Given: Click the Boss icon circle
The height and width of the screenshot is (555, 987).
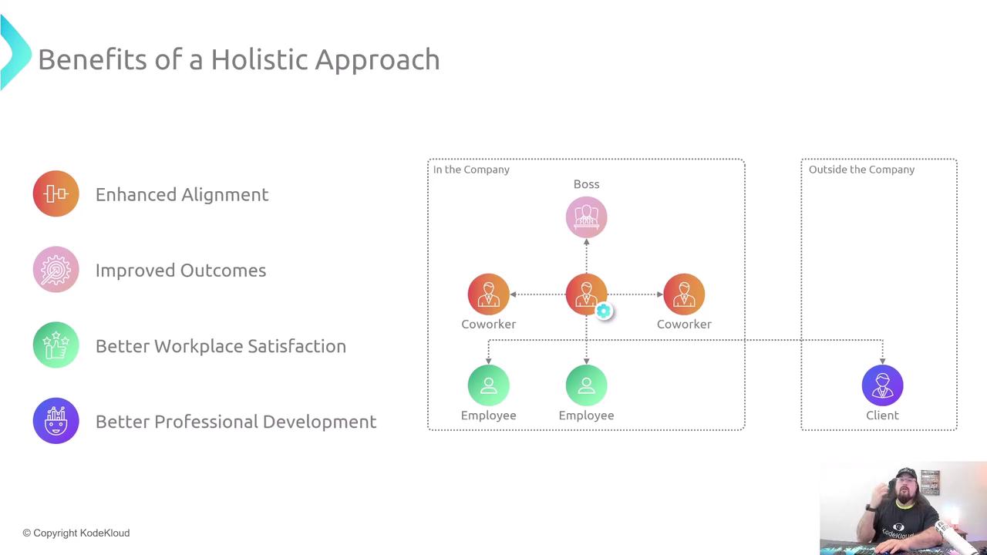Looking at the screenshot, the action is tap(586, 217).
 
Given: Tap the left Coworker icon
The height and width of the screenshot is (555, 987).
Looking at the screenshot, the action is tap(488, 294).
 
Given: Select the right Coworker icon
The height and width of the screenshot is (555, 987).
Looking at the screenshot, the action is tap(684, 294).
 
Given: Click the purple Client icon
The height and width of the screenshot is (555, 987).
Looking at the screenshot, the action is tap(882, 385).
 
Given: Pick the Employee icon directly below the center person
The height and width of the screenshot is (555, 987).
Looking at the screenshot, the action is tap(586, 385).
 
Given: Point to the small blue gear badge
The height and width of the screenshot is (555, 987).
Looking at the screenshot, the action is tap(603, 311).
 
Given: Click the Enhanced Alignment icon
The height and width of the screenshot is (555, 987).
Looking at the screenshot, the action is tap(56, 193).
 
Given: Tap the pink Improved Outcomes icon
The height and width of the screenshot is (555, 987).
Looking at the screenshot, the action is tap(56, 270).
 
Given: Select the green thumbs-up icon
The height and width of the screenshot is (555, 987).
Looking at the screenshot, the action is tap(56, 345).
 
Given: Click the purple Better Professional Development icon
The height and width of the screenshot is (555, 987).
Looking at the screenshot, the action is tap(56, 421).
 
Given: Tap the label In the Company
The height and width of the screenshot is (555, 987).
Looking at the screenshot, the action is tap(471, 170).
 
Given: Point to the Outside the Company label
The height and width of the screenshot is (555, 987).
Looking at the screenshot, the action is tap(861, 170).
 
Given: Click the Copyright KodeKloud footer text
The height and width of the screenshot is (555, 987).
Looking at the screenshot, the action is tap(76, 533).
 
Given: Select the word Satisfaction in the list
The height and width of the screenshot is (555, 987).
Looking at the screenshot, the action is tap(297, 346).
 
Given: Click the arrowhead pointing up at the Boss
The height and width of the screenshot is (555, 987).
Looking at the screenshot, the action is tap(587, 242).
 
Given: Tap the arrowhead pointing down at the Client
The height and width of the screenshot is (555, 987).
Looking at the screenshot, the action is tap(883, 362).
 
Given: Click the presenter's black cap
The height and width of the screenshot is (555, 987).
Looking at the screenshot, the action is tap(907, 474).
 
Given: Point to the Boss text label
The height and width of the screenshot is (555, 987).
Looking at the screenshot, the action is tap(586, 184).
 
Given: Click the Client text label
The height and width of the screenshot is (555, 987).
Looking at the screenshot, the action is tap(882, 415).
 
